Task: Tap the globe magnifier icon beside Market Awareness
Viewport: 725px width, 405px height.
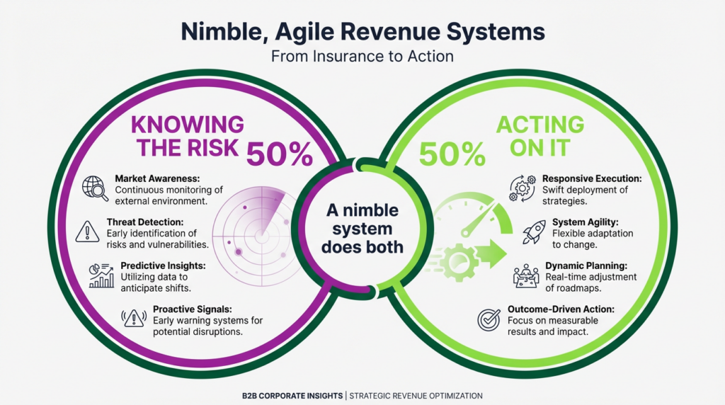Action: point(96,188)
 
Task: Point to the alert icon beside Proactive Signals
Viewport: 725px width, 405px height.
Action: point(134,318)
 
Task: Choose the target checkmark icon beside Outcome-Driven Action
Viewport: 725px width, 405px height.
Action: point(489,319)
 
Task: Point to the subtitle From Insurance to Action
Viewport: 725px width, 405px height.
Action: point(362,56)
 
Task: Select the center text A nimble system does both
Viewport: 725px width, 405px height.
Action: point(362,229)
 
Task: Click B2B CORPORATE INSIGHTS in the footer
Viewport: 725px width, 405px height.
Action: point(290,396)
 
